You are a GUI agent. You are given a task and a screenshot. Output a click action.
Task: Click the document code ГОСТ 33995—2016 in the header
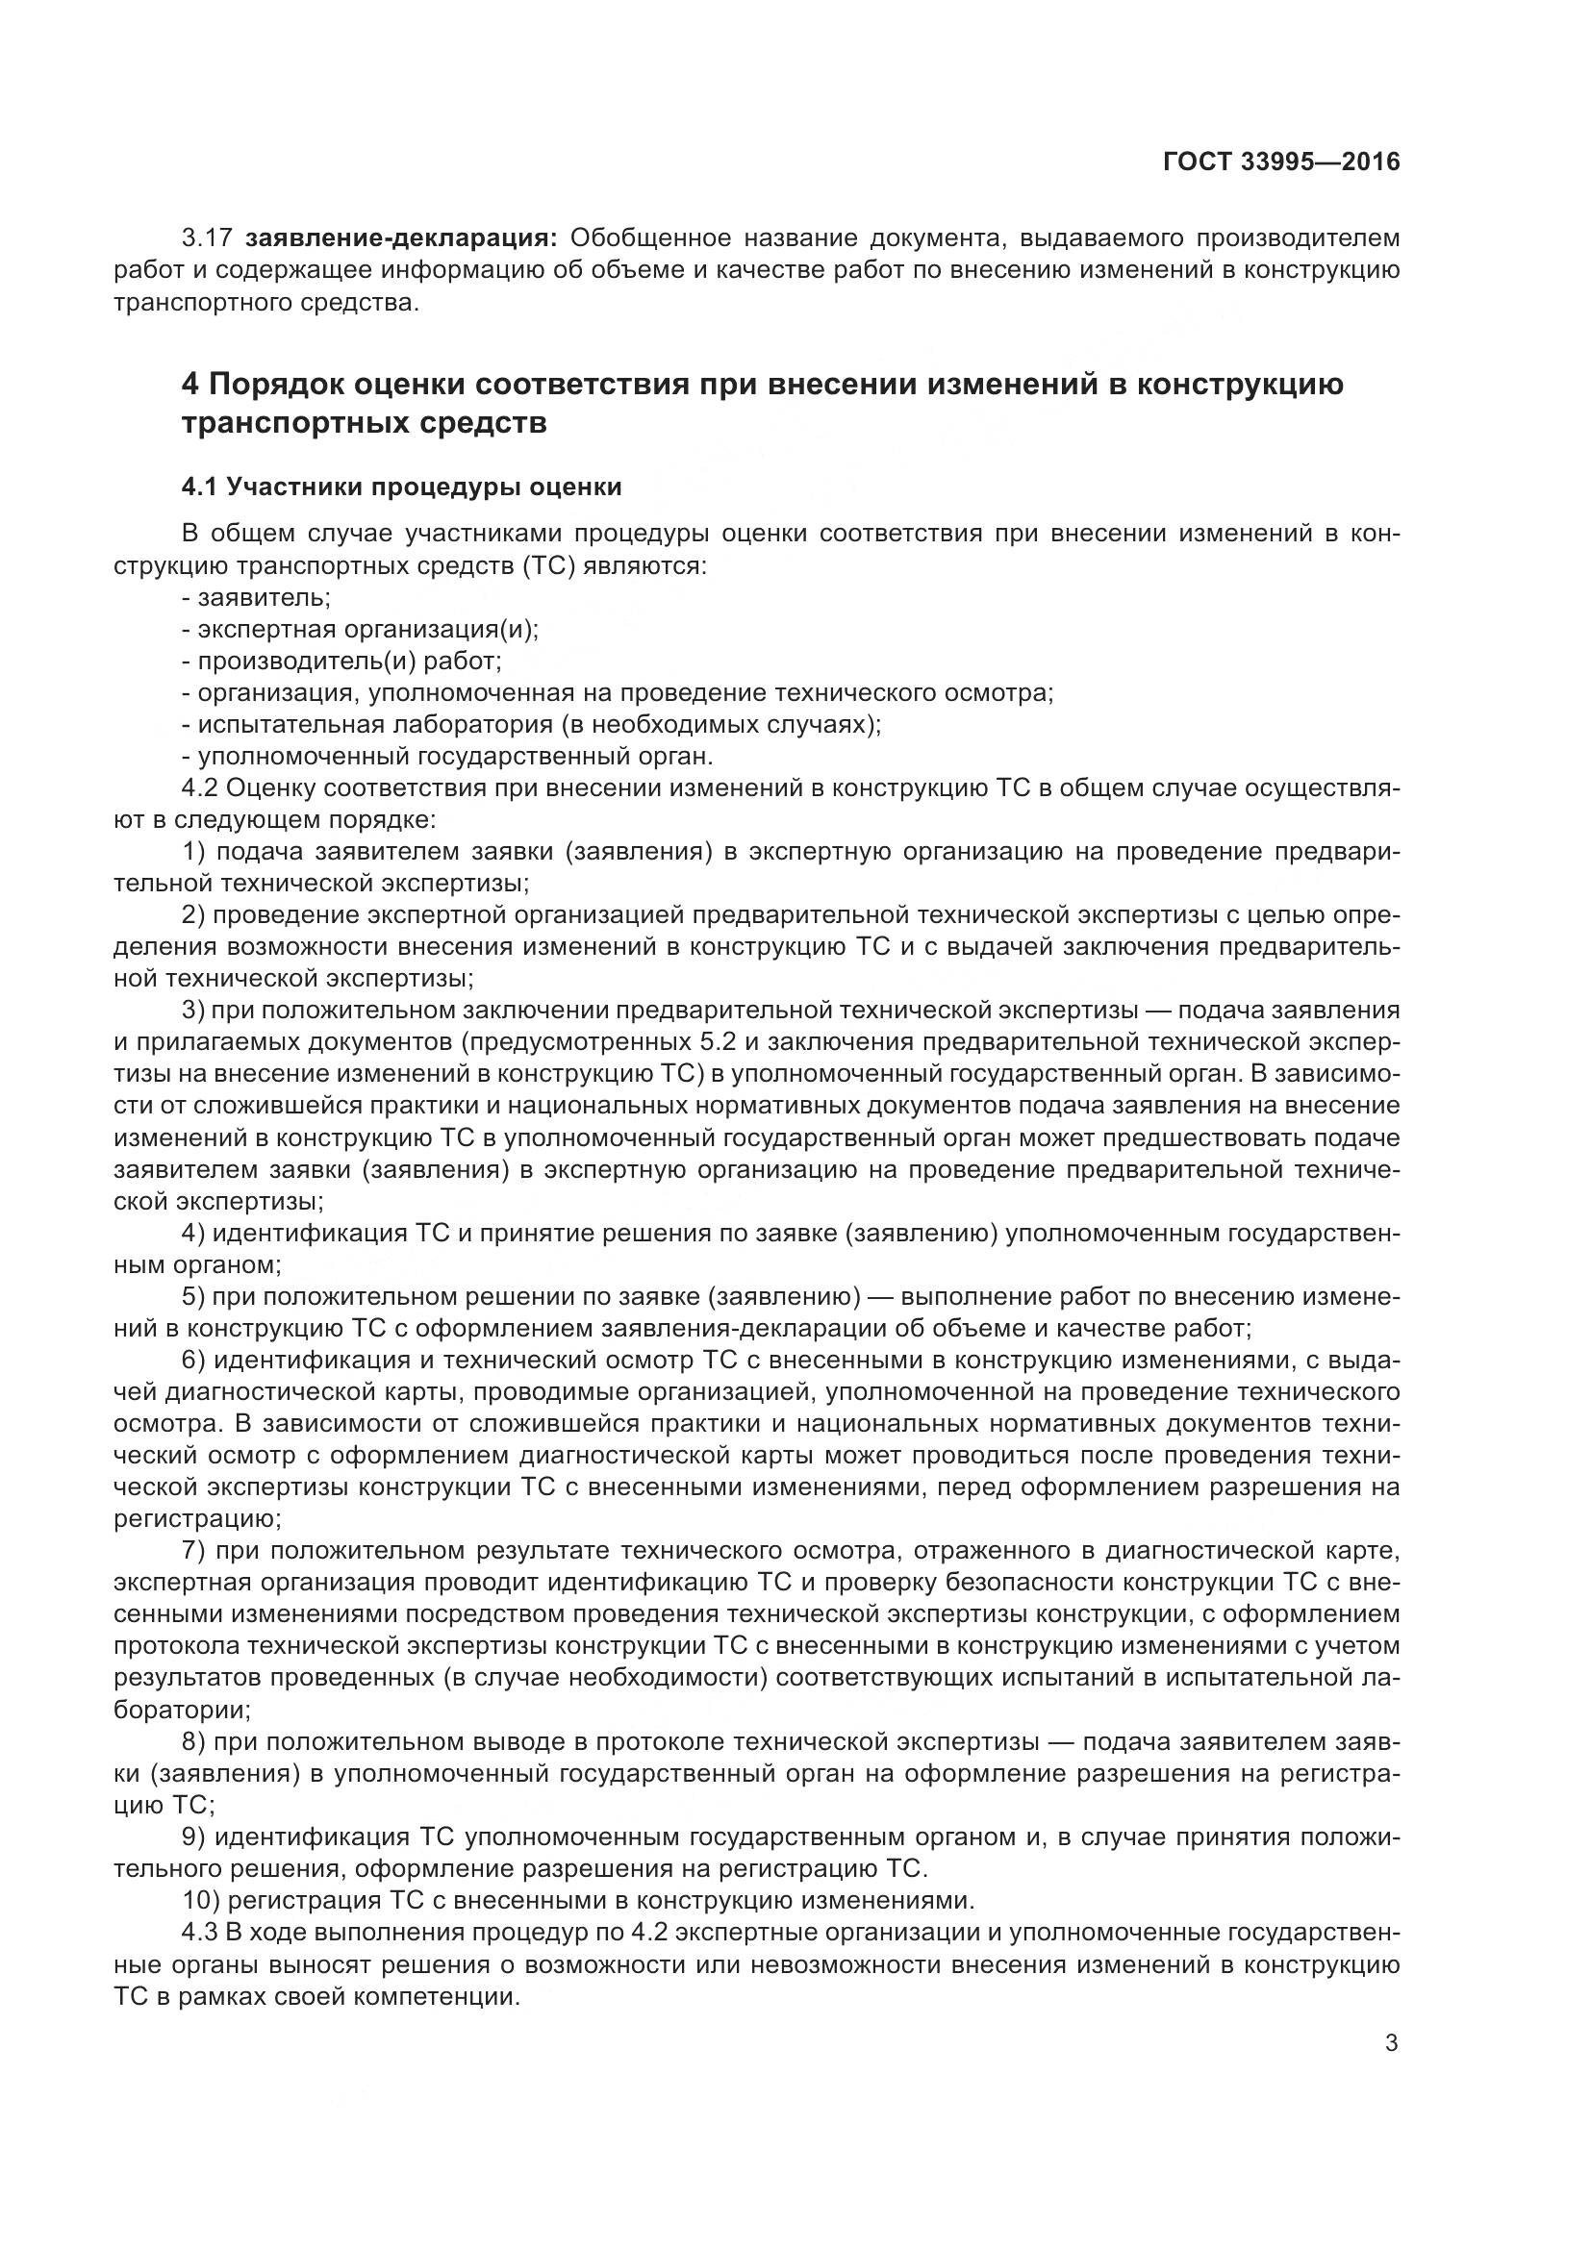tap(1281, 162)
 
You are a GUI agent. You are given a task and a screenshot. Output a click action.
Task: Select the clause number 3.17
tap(207, 238)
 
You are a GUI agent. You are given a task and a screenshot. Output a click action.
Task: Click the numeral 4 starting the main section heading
tap(191, 384)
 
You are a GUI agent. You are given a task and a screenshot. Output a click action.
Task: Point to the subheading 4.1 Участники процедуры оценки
tap(402, 487)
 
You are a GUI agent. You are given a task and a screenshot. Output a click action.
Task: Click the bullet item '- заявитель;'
tap(257, 597)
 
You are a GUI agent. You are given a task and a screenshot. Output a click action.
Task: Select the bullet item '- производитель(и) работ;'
tap(341, 662)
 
